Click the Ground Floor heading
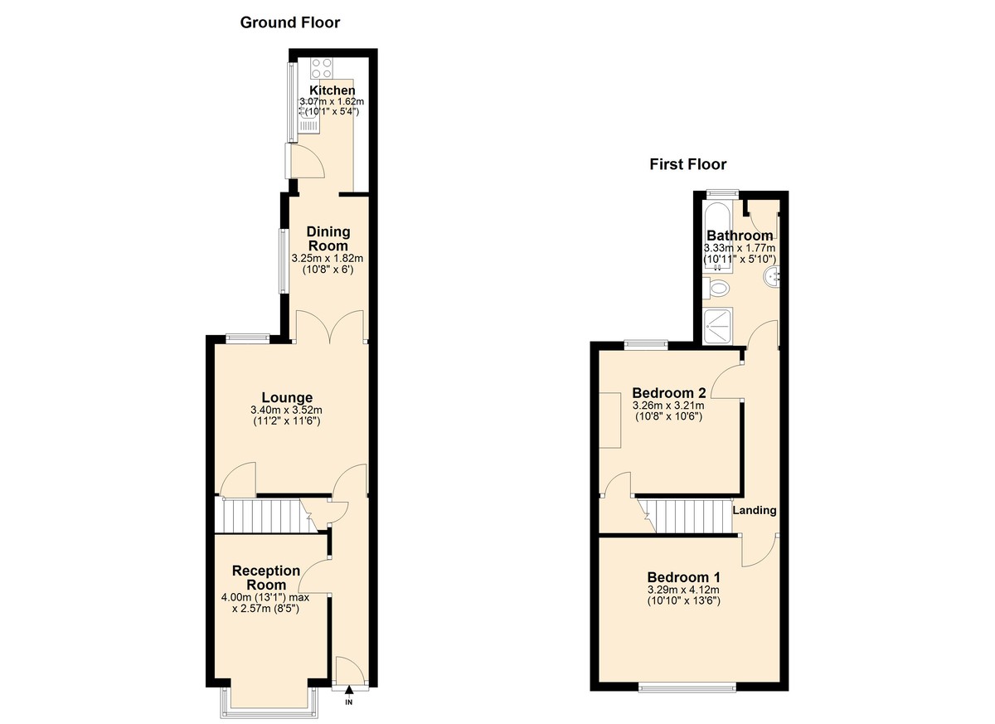(289, 22)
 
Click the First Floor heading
(687, 164)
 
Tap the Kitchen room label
(332, 90)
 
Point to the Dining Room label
(328, 239)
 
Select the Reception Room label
(266, 577)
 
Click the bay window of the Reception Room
(267, 703)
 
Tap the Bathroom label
(740, 236)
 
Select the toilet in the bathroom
(718, 289)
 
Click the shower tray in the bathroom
(718, 326)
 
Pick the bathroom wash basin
(773, 276)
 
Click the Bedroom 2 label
(668, 392)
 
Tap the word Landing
(754, 510)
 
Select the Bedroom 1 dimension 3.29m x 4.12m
(683, 590)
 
